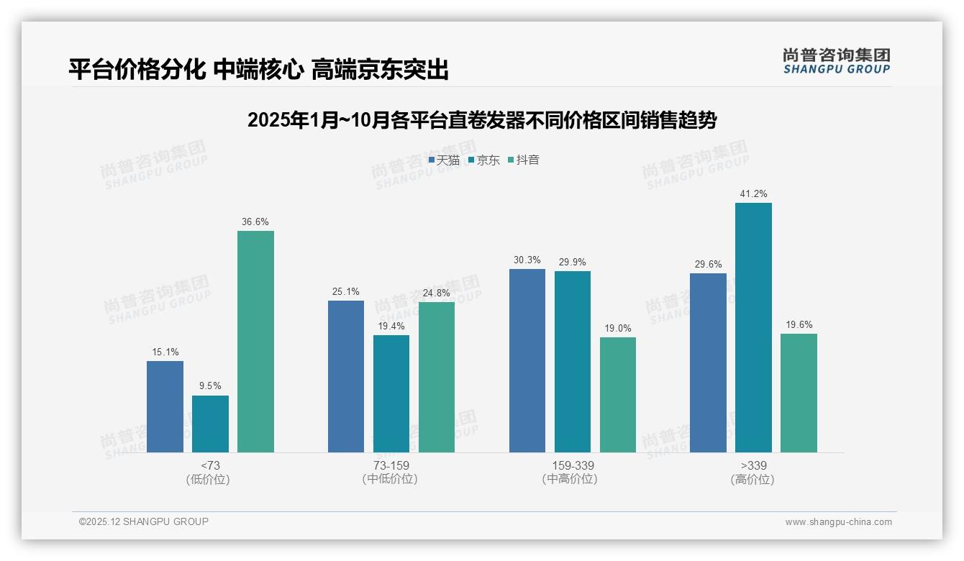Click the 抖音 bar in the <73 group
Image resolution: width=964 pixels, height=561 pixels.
(255, 342)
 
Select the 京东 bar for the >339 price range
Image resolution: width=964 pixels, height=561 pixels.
(753, 327)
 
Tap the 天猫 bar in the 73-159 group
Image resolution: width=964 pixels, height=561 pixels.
(346, 376)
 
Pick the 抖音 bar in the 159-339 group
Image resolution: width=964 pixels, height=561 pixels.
(618, 395)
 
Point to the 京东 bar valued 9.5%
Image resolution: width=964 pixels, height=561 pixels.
(210, 424)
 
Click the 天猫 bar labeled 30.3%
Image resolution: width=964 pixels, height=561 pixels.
(527, 360)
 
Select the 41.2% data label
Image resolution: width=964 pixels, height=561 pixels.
(753, 194)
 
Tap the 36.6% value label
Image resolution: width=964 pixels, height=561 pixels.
(255, 222)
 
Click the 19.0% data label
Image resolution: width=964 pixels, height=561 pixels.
(618, 329)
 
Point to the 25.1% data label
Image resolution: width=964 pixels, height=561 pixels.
(346, 292)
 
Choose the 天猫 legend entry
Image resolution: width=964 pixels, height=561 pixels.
(444, 160)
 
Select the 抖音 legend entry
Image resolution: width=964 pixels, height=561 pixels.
(524, 160)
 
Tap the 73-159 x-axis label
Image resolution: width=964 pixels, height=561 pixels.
(391, 465)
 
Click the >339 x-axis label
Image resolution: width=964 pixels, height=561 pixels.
(752, 465)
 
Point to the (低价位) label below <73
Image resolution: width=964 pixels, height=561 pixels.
(209, 479)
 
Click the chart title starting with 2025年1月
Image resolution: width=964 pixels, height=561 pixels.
(481, 120)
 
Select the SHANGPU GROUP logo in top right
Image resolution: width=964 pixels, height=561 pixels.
(836, 61)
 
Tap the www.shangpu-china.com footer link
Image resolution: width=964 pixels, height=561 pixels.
(838, 522)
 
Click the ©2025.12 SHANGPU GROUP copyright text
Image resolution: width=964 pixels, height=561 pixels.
(144, 521)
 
